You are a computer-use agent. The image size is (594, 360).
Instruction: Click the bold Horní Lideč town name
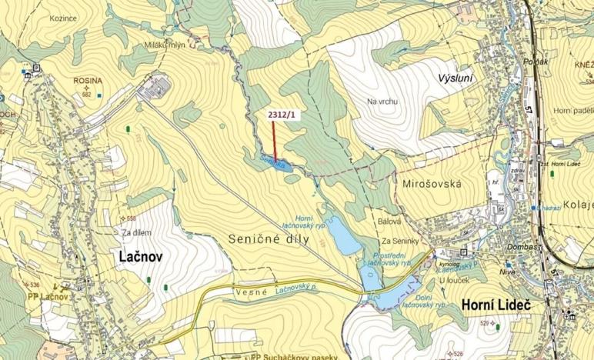point(497,305)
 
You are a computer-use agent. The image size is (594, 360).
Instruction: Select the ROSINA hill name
point(87,80)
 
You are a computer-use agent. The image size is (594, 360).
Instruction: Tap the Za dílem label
point(135,232)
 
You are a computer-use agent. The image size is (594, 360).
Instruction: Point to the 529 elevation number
point(507,325)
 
